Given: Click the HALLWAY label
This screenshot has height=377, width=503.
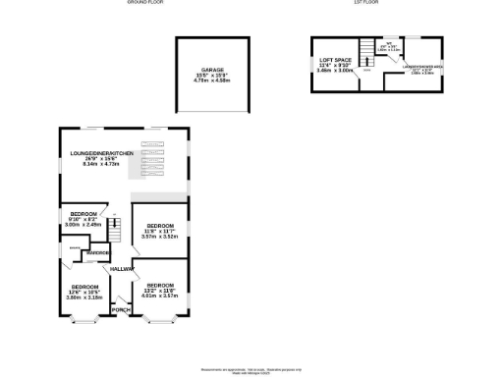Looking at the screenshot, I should pyautogui.click(x=121, y=268).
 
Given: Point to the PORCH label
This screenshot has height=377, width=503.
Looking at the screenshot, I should pyautogui.click(x=121, y=310).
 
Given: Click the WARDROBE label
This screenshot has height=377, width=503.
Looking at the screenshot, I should pyautogui.click(x=97, y=253).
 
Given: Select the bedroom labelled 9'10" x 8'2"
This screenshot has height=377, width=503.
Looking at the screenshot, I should pyautogui.click(x=83, y=213).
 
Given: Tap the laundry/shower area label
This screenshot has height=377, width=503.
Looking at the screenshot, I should pyautogui.click(x=422, y=69).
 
